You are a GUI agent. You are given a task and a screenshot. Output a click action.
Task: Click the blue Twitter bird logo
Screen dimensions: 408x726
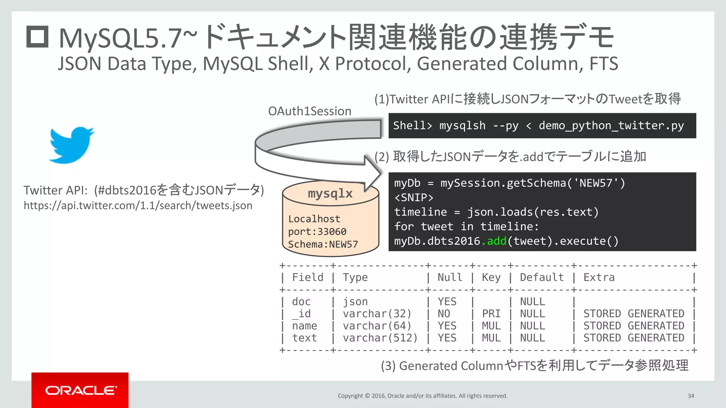click(72, 144)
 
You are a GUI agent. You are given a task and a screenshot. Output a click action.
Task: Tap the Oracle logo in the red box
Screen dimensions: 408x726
click(80, 390)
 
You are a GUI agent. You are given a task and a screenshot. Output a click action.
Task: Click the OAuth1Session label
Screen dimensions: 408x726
click(309, 111)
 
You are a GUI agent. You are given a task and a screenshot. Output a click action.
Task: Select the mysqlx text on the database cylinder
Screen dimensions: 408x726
click(330, 193)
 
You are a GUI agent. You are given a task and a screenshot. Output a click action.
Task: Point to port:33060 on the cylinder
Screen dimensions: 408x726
click(317, 232)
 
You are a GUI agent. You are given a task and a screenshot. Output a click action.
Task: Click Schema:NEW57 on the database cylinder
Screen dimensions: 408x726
click(323, 244)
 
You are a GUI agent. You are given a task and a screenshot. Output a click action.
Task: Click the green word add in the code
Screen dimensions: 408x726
click(497, 241)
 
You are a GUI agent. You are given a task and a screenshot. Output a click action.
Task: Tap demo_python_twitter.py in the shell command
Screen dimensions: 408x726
click(611, 126)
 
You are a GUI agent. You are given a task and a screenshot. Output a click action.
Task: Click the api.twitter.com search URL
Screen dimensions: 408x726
click(138, 205)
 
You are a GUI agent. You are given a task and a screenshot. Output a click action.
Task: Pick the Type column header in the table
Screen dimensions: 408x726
click(355, 277)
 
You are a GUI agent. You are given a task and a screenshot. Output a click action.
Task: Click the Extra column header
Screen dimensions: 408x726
click(599, 277)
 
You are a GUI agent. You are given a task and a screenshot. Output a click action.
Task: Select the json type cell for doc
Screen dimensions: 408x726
click(355, 302)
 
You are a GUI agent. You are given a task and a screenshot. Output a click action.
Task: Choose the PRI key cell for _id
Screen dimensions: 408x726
click(491, 314)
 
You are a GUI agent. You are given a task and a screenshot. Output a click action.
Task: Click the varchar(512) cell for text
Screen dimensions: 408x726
click(380, 338)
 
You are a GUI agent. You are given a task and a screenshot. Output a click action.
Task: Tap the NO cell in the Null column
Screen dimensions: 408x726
click(443, 314)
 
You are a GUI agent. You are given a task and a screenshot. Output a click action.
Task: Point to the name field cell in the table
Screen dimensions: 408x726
click(304, 326)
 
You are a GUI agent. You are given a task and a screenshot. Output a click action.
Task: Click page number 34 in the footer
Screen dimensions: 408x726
click(691, 396)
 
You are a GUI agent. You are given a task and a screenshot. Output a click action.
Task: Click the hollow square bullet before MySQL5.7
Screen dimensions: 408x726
click(37, 37)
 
